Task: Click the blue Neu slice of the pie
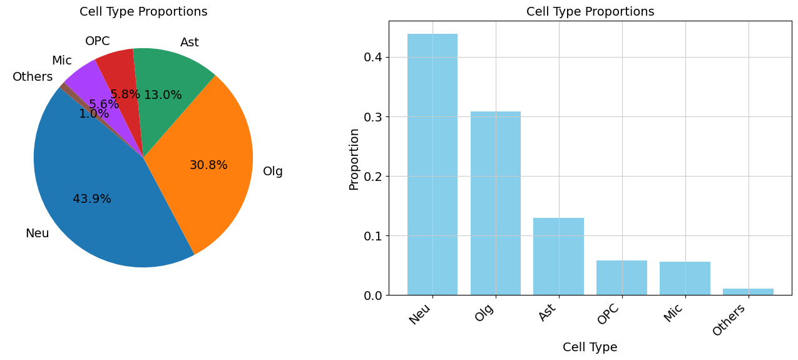[94, 213]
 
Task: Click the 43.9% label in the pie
[92, 199]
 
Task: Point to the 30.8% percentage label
[208, 165]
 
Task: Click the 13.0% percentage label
[163, 95]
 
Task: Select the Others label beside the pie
[33, 77]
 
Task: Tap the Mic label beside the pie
[61, 61]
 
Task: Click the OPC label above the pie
[97, 41]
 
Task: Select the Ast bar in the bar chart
[558, 256]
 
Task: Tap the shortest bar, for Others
[748, 292]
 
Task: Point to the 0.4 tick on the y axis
[373, 58]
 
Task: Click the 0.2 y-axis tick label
[373, 177]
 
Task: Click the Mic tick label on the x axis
[673, 312]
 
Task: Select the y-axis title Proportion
[354, 159]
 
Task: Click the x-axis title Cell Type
[590, 347]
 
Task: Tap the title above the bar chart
[590, 12]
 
